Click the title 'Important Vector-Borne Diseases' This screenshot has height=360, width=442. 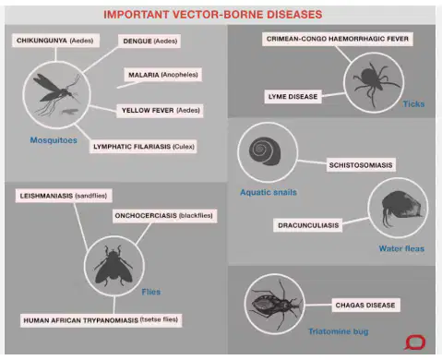tap(213, 15)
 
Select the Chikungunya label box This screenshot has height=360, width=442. tap(55, 41)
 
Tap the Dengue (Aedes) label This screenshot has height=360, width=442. tap(149, 41)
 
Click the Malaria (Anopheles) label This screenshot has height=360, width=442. tap(163, 75)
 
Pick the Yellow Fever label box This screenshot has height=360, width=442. tap(160, 110)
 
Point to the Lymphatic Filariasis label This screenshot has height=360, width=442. tap(143, 147)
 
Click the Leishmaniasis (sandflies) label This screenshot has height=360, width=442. tap(64, 196)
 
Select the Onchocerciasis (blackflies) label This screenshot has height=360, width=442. tap(164, 216)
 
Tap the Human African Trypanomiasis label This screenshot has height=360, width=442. tap(101, 320)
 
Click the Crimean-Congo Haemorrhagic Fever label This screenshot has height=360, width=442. tap(338, 39)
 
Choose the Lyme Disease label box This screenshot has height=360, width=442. tap(293, 97)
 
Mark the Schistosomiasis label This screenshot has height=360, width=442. tap(361, 165)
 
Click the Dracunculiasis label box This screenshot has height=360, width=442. tap(308, 225)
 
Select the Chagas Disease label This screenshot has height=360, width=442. tap(365, 305)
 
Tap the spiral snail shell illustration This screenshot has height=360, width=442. tap(265, 150)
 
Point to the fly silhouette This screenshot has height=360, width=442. tap(113, 266)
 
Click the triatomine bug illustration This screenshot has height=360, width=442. tap(275, 305)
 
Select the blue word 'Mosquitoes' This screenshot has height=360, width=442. tap(54, 140)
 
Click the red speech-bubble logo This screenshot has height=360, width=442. tap(415, 342)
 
